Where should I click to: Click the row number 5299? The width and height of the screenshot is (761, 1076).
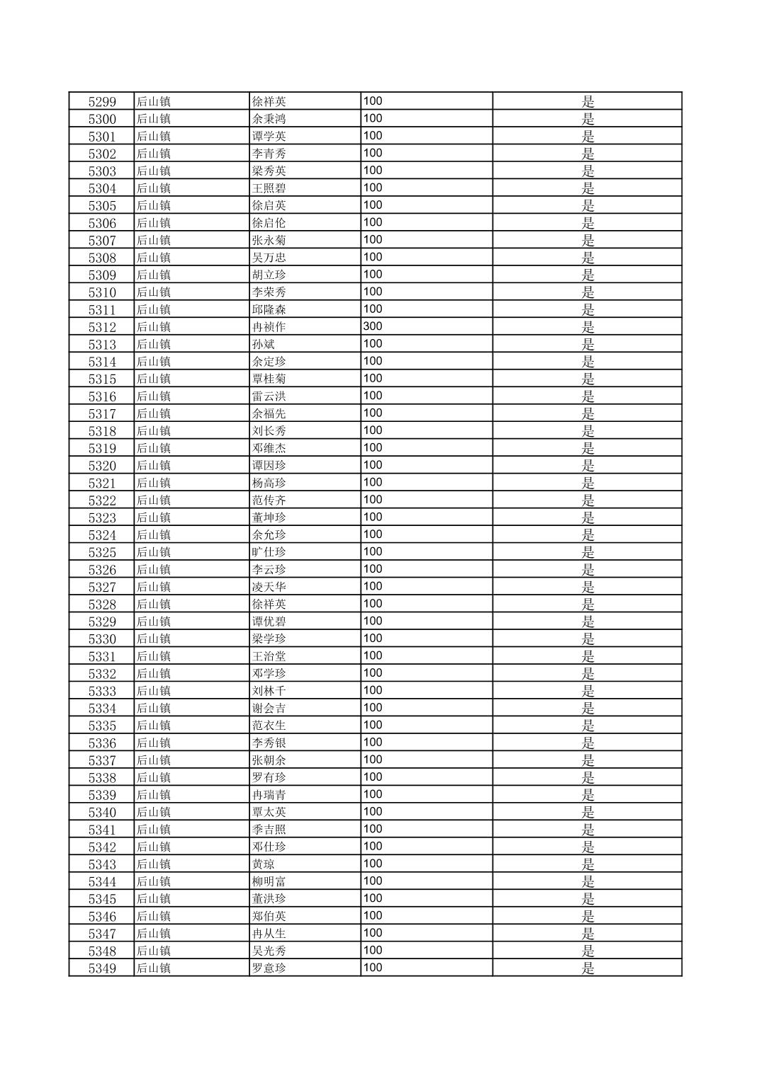(102, 102)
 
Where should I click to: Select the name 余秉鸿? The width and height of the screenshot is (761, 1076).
(269, 119)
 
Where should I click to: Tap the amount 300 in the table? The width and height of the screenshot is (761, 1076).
(373, 326)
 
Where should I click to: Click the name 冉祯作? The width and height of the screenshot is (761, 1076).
(269, 327)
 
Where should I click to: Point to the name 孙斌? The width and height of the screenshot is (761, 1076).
(264, 344)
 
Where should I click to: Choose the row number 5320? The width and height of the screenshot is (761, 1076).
(102, 466)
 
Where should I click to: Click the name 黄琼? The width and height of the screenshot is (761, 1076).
(264, 864)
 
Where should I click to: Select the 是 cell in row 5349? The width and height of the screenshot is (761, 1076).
(588, 968)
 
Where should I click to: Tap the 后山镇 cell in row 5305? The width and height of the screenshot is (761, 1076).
(154, 205)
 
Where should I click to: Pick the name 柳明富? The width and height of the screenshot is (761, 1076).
(269, 881)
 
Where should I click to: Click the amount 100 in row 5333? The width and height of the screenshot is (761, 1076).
(373, 690)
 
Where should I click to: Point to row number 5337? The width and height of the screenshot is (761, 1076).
(102, 760)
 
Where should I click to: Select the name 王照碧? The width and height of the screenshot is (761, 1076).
(269, 188)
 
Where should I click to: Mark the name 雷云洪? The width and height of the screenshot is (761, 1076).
(269, 396)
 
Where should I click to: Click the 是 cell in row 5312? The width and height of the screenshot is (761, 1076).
(588, 327)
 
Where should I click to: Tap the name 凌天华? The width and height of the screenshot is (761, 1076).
(269, 587)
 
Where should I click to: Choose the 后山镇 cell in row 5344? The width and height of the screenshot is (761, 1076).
(154, 881)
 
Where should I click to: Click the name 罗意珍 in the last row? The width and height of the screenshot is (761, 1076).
(269, 968)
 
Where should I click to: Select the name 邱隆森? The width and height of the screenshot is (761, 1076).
(269, 309)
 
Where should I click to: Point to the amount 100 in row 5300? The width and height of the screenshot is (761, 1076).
(373, 118)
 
